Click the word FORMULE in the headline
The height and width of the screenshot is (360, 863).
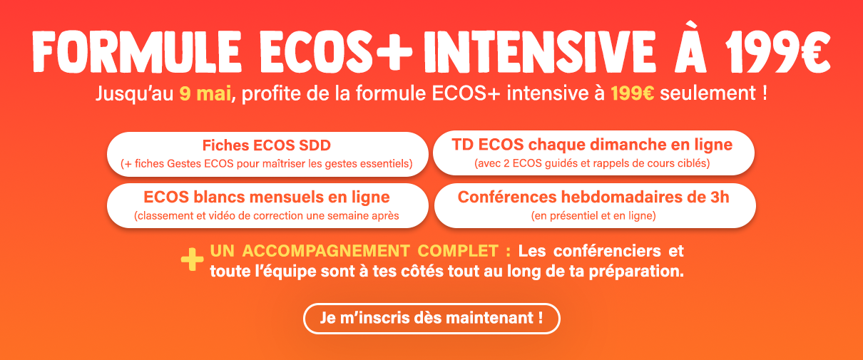137,52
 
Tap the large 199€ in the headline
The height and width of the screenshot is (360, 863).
777,52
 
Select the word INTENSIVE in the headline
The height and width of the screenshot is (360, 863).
539,52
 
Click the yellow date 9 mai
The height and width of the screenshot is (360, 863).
205,93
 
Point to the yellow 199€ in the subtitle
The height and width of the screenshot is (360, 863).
633,93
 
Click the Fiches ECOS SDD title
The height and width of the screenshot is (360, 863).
267,145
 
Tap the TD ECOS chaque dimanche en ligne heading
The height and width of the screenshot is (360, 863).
592,145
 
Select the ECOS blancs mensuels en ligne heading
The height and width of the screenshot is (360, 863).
267,197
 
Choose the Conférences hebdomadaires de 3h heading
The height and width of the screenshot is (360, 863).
593,197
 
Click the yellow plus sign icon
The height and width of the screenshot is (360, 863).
193,259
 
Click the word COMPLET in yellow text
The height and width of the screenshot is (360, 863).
458,251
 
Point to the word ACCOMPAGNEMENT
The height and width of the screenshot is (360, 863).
325,251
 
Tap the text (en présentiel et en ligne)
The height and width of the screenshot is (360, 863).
593,215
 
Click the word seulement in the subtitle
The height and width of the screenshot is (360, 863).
708,93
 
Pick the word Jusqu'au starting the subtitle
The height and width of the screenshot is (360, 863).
135,94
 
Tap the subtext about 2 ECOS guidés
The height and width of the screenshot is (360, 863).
592,163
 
